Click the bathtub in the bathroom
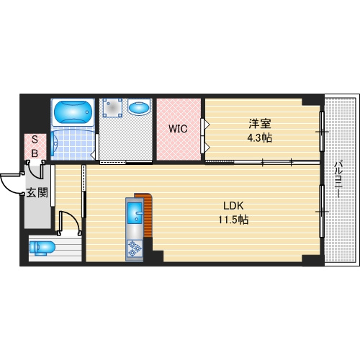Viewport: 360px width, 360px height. click(x=73, y=112)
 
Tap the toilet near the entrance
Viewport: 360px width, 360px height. click(x=42, y=248)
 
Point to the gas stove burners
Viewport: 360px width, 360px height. click(x=135, y=248)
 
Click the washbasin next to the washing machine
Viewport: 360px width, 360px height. click(x=139, y=107)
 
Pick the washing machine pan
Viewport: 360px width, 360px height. click(x=112, y=107)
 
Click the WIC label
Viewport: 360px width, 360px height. click(x=178, y=129)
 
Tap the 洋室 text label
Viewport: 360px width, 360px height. click(x=260, y=124)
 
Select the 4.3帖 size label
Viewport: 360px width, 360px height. click(x=260, y=138)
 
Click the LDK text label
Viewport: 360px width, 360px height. click(x=233, y=206)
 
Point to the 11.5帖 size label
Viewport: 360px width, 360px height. click(x=233, y=220)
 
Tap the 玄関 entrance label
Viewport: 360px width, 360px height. click(x=37, y=192)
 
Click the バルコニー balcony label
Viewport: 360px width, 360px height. click(x=338, y=179)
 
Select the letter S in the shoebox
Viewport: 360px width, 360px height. click(x=35, y=140)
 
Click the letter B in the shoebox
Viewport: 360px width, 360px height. click(x=35, y=153)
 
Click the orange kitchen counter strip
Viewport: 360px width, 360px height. click(x=147, y=214)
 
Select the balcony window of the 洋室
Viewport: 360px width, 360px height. click(x=322, y=132)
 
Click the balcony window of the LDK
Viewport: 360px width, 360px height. click(x=322, y=211)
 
